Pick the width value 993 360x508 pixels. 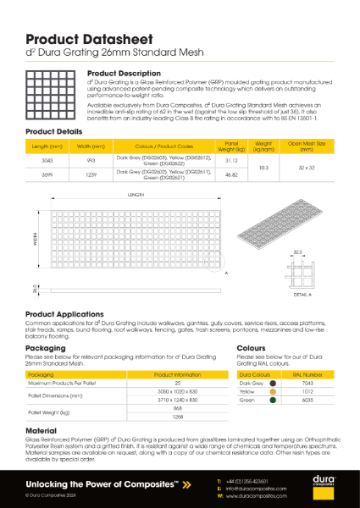[x=91, y=159]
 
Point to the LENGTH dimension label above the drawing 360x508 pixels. [x=136, y=196]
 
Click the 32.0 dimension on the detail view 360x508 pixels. [x=297, y=251]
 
